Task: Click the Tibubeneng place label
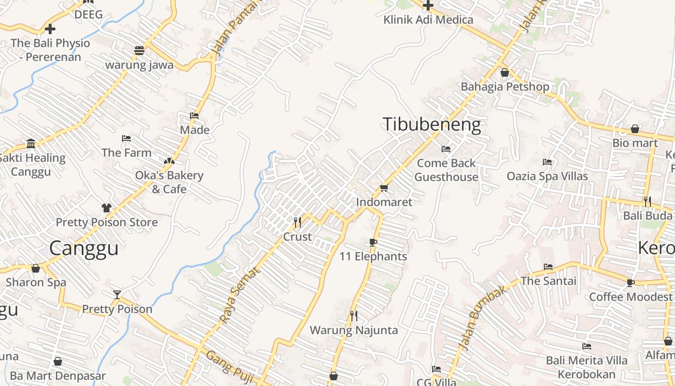tap(432, 125)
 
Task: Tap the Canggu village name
tap(84, 248)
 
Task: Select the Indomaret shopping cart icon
tap(384, 188)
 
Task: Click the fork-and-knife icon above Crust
tap(297, 222)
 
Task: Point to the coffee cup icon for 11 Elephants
tap(373, 242)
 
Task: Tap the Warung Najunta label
tap(354, 331)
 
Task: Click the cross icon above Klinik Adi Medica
tap(428, 6)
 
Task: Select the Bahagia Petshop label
tap(505, 87)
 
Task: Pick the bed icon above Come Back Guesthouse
tap(446, 149)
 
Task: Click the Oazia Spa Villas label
tap(547, 176)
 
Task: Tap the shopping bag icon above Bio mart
tap(635, 129)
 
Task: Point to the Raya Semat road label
tap(240, 295)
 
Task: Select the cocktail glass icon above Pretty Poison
tap(117, 294)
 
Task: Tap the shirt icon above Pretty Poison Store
tap(107, 208)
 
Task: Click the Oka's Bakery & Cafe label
tap(169, 182)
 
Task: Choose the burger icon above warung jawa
tap(139, 51)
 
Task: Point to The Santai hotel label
tap(548, 281)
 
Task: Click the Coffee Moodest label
tap(630, 296)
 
